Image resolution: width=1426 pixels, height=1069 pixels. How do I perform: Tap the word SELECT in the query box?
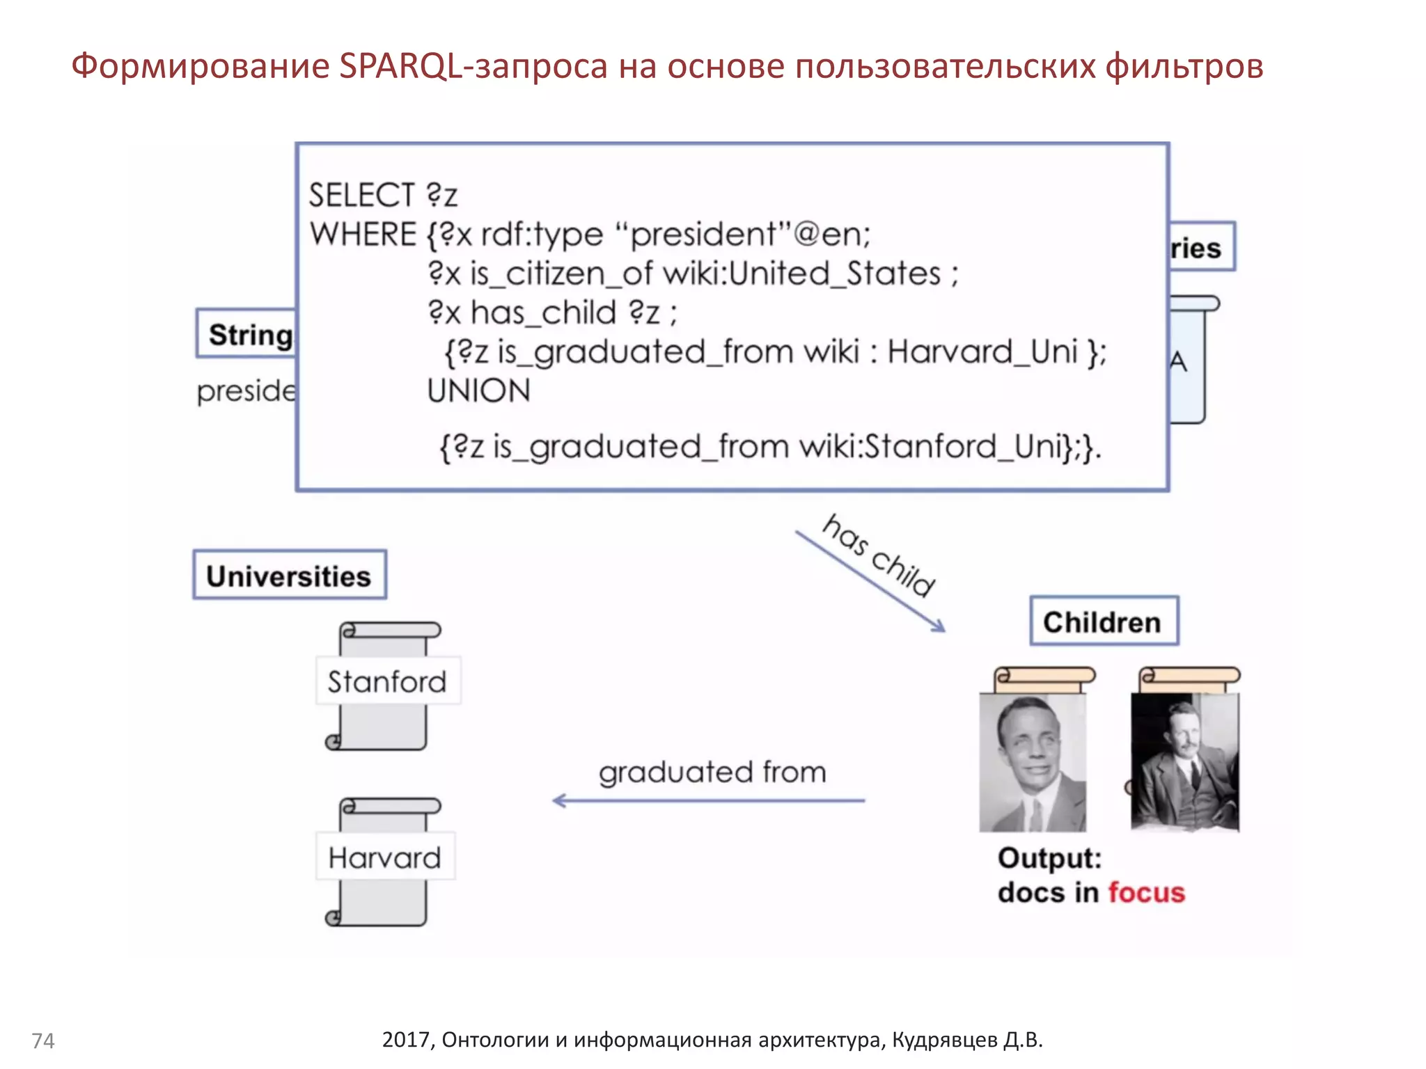[362, 196]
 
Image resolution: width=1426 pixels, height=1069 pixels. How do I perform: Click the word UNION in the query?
[478, 391]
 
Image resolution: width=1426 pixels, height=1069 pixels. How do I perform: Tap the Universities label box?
[289, 576]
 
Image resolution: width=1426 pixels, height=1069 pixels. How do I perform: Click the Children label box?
[1103, 621]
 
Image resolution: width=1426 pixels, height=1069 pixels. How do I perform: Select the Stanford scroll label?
[387, 681]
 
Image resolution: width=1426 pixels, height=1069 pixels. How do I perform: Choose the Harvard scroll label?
[385, 857]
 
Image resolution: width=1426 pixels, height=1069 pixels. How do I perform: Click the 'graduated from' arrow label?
[712, 773]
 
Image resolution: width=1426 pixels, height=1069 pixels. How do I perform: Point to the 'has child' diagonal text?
[879, 555]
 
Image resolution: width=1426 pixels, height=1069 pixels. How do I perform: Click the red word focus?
[1146, 893]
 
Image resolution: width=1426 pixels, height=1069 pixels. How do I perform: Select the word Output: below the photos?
[1049, 858]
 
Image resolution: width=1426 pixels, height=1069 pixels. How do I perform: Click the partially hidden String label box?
[248, 334]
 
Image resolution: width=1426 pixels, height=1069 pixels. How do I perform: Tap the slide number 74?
[43, 1040]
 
